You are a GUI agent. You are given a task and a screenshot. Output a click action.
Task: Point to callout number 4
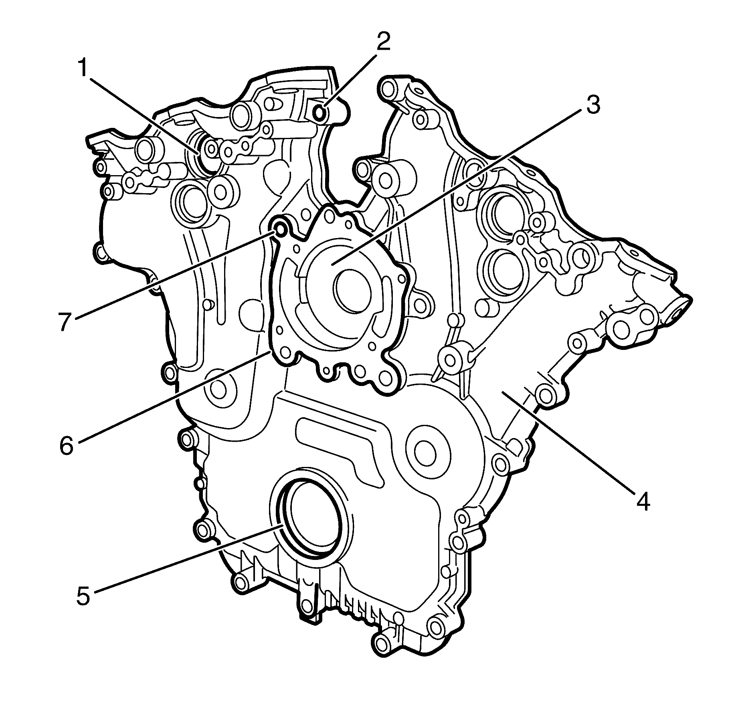click(643, 501)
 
